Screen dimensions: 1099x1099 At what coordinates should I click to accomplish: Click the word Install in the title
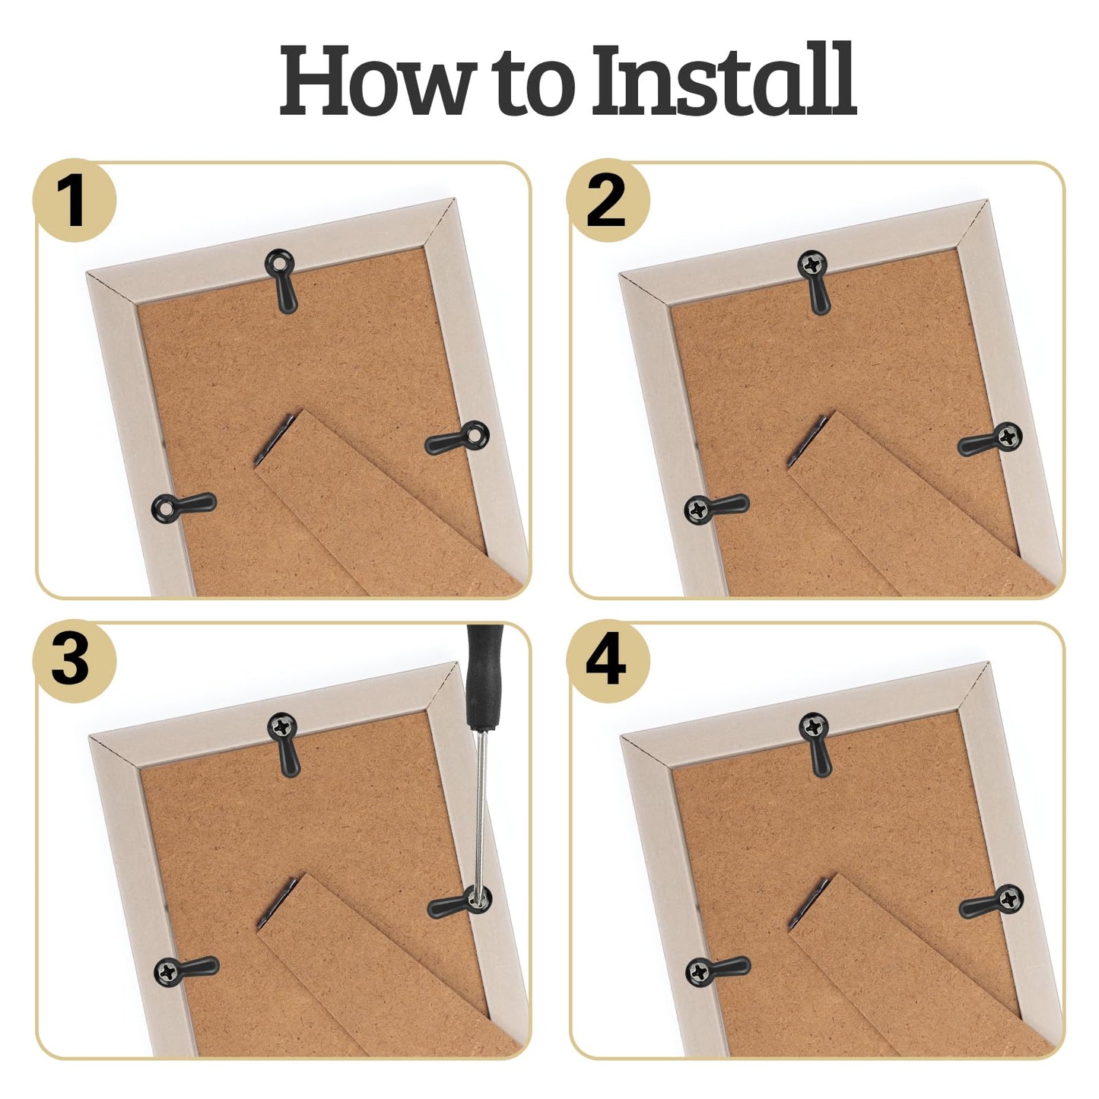point(723,81)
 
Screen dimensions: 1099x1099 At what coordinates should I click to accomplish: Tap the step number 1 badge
point(74,201)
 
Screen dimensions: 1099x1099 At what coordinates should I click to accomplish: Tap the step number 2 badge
point(607,201)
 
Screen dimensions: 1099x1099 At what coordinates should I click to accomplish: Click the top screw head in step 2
point(812,265)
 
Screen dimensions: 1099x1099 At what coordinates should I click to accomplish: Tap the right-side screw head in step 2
point(1008,436)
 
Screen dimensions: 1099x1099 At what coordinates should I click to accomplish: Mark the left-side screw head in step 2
point(698,509)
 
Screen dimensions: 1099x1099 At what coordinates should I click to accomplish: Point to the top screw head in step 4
point(813,726)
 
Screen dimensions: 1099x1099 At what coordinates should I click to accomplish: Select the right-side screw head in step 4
point(1009,899)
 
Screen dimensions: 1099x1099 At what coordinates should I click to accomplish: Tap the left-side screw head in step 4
point(699,971)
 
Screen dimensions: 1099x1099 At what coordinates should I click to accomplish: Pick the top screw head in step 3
point(282,726)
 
